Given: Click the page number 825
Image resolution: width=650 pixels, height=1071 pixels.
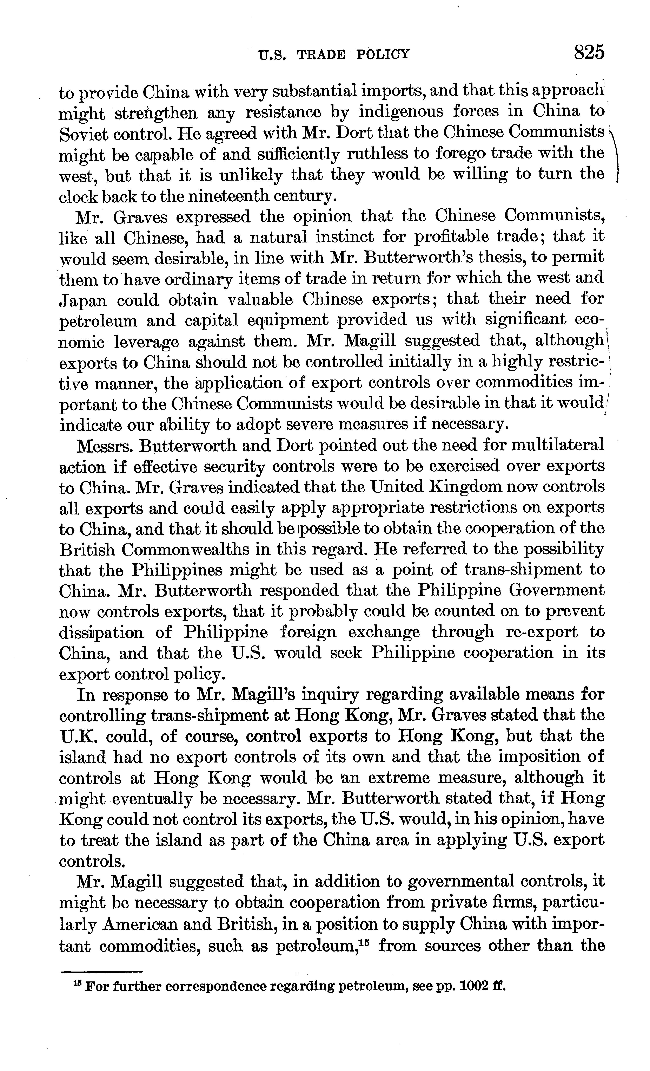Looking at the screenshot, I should (x=589, y=53).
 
